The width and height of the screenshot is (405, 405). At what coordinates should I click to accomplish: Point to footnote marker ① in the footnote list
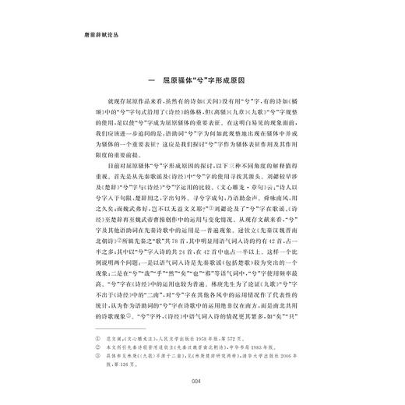100,319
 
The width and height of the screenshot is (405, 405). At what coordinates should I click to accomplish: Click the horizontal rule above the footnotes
117,310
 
